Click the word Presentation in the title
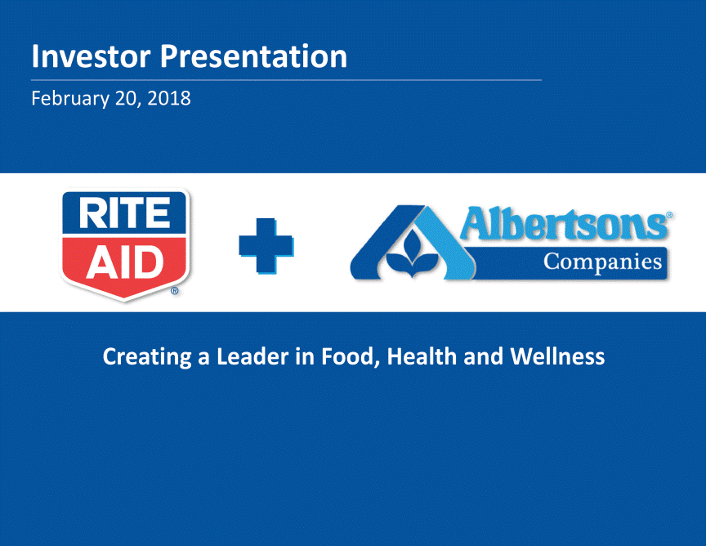(253, 56)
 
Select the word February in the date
(70, 99)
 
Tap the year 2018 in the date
(169, 98)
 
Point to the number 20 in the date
(127, 99)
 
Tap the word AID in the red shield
(125, 262)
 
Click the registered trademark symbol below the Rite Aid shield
(175, 291)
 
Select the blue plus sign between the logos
(266, 246)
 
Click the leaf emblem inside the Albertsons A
(412, 255)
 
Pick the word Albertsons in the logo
(564, 223)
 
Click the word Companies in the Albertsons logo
(602, 262)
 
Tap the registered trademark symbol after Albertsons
(669, 215)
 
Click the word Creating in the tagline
(147, 357)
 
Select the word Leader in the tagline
(252, 356)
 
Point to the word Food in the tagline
(348, 357)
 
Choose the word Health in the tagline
(422, 356)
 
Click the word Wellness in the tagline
(557, 356)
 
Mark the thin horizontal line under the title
(286, 80)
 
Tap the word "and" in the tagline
(483, 356)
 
